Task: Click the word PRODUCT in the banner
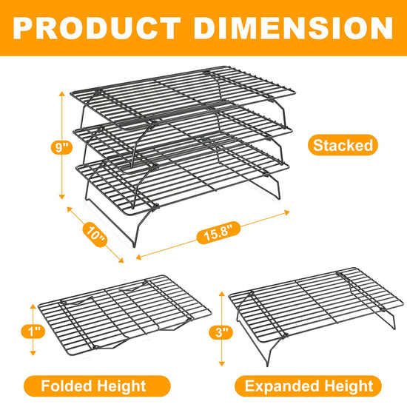tap(96, 28)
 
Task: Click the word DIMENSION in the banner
tap(293, 28)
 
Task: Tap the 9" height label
tap(61, 147)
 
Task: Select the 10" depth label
tap(95, 235)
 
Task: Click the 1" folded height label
tap(33, 332)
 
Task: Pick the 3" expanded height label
tap(221, 332)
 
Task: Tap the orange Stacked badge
tap(343, 145)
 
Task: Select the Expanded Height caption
tap(308, 386)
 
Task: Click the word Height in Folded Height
tap(121, 386)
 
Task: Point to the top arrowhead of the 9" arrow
tap(61, 93)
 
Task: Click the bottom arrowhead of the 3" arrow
tap(221, 363)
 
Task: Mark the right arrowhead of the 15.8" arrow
tap(287, 212)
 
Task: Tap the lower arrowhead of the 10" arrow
tap(121, 260)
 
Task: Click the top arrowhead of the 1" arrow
tap(33, 306)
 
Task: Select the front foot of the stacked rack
tap(134, 245)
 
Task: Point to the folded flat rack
tap(124, 315)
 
